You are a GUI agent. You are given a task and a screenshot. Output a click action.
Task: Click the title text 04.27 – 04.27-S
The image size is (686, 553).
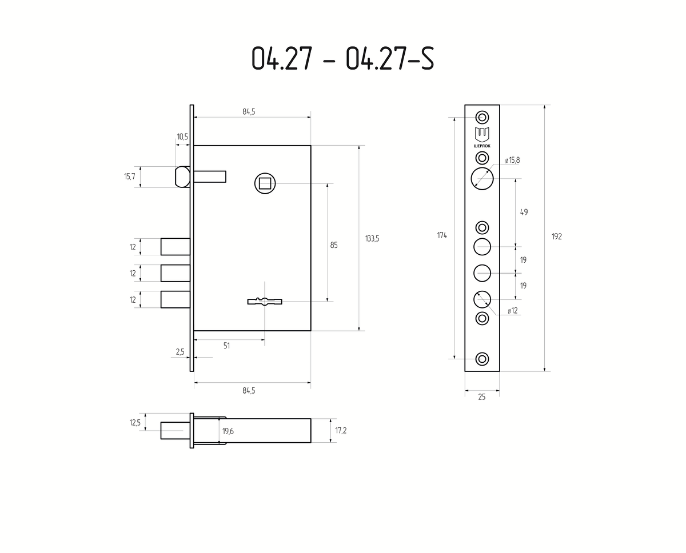point(342,58)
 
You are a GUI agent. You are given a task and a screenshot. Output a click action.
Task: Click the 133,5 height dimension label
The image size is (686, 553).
point(372,239)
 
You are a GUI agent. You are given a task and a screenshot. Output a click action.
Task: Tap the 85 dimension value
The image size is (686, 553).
point(334,245)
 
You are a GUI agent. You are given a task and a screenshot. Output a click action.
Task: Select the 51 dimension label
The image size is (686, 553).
point(226,346)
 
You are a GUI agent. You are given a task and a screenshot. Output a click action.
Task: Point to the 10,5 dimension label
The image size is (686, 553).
point(182,137)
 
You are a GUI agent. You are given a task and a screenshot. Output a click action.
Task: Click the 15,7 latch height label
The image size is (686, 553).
point(129,177)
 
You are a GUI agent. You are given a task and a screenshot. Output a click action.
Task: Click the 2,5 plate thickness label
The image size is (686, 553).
point(180,352)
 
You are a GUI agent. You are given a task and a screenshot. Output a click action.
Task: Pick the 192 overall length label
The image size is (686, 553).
point(557,237)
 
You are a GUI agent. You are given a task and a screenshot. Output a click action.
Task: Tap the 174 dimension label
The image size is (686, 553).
point(442,235)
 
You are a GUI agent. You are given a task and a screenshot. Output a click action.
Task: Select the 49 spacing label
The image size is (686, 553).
point(524,212)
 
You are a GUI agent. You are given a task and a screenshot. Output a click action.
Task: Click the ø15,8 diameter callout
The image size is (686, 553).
point(512,160)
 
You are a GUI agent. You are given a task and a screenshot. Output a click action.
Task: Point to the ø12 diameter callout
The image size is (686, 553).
point(513,311)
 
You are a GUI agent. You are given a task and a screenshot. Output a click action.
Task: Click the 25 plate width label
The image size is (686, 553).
point(482,397)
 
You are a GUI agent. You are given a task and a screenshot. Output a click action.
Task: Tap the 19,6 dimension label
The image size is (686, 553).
point(228,431)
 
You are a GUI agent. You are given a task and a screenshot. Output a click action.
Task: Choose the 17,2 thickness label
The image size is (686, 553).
point(341,431)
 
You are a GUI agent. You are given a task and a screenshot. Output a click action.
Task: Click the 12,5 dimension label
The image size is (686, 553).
point(135,423)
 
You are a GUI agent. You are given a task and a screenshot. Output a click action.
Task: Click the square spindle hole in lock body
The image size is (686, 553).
point(265,183)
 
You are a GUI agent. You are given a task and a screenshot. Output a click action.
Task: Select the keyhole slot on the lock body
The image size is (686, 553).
point(265,301)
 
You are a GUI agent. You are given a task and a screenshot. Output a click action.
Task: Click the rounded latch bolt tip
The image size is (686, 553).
point(182,177)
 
